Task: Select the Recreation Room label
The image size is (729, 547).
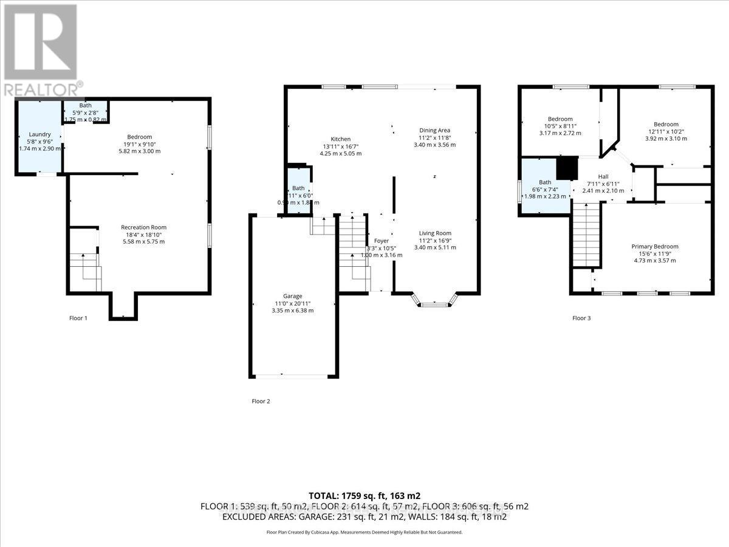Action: (x=143, y=227)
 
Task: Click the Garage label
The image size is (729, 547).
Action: (x=292, y=296)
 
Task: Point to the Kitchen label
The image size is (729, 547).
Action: (x=341, y=139)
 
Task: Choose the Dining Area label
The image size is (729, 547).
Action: (x=434, y=130)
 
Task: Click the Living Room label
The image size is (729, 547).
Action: (x=434, y=233)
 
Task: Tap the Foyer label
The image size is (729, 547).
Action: (x=382, y=241)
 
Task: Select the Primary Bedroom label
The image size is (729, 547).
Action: (x=654, y=246)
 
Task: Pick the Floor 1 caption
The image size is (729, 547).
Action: (x=78, y=318)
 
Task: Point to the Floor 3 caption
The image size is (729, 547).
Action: (x=581, y=318)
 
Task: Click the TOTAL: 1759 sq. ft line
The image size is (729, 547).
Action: (x=364, y=495)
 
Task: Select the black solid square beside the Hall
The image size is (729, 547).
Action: (x=567, y=168)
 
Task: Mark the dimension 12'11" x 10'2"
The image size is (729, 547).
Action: (x=663, y=132)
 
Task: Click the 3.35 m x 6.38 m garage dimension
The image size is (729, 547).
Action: (x=292, y=311)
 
